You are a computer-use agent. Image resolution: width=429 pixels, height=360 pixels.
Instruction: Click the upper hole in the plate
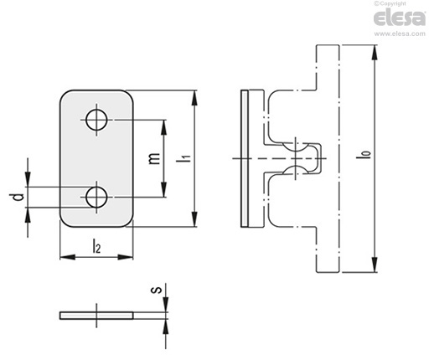click(x=96, y=120)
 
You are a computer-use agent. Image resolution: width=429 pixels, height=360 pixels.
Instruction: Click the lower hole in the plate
click(x=96, y=197)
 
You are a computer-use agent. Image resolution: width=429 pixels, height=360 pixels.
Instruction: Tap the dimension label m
click(x=154, y=158)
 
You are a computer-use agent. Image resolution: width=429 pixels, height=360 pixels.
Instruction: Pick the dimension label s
click(x=157, y=290)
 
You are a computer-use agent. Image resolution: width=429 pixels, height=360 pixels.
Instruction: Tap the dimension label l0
click(x=366, y=154)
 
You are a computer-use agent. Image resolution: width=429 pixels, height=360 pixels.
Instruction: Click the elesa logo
click(x=400, y=18)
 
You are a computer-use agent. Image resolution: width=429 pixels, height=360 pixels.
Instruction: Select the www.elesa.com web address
click(x=400, y=33)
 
